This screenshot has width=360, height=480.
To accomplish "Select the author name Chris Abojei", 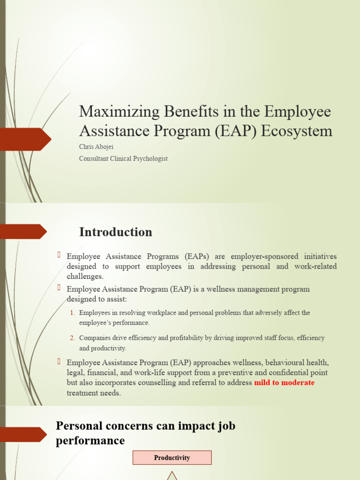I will pos(97,147).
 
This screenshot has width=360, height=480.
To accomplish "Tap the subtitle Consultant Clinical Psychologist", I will pos(123,158).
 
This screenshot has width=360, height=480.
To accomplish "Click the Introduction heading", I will pos(115,232).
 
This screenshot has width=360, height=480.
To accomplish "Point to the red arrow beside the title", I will pos(26,138).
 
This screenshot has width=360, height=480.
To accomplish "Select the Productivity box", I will pos(172,457).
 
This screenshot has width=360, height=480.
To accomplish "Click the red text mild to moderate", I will pos(284,382).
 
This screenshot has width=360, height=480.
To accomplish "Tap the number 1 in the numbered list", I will pos(73,313).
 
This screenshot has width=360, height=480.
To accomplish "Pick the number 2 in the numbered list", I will pos(73,338).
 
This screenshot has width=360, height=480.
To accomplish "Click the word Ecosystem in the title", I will pos(296,131).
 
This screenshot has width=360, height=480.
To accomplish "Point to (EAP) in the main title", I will pos(236,131).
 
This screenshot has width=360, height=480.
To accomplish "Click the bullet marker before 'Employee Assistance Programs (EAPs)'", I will pos(60,255).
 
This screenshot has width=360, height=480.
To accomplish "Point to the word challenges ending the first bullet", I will pos(85,277).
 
